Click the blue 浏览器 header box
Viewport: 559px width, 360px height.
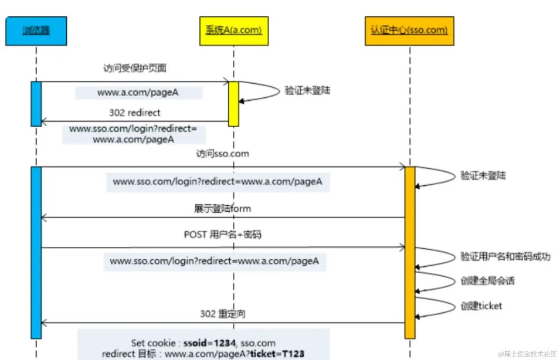click(36, 31)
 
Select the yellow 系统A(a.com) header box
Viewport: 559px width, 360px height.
click(233, 31)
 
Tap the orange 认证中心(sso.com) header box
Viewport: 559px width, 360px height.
click(409, 31)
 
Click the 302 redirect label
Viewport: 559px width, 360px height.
click(135, 112)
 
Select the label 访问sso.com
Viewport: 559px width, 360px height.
click(223, 154)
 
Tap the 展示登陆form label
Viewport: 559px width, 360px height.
click(223, 208)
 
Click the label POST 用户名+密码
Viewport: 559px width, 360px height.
click(223, 234)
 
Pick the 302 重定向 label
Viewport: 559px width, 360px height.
click(223, 314)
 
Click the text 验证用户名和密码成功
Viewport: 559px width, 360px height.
click(505, 257)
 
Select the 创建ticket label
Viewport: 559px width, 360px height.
click(481, 306)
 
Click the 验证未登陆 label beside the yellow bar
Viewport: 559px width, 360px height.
click(307, 91)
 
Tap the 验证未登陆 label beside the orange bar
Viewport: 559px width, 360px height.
click(483, 176)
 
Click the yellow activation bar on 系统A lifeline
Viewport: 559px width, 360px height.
click(233, 103)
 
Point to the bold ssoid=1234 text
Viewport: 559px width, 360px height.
click(209, 342)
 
